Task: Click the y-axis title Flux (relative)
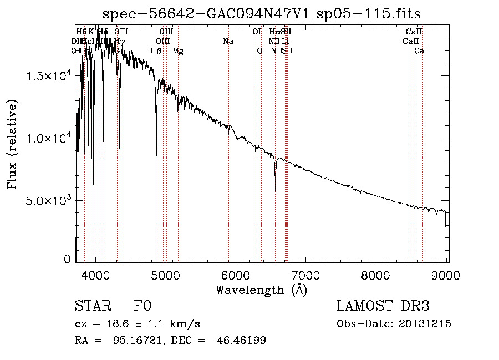[12, 144]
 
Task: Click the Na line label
[228, 42]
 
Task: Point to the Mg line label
[178, 51]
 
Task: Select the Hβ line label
[156, 51]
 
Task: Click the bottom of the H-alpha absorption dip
[276, 190]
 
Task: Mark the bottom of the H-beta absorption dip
[156, 155]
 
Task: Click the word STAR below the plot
[92, 306]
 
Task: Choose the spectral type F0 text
[142, 306]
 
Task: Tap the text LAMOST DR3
[383, 306]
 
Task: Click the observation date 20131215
[424, 324]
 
